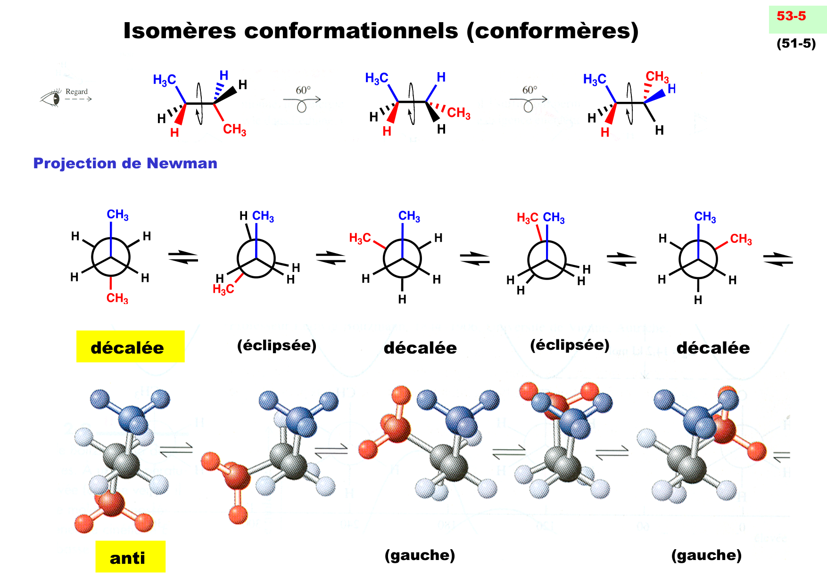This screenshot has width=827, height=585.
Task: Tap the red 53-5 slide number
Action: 791,16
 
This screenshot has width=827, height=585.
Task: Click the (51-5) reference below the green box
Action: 796,43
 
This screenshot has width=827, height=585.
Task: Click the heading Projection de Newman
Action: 125,163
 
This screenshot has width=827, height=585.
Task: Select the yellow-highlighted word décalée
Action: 127,347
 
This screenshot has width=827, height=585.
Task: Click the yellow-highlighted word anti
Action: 127,558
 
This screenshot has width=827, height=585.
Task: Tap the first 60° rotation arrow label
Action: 303,90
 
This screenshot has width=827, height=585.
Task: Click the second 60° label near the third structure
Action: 529,90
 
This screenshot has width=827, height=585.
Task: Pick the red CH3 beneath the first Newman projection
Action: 117,298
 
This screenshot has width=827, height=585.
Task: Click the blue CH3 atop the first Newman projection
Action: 117,215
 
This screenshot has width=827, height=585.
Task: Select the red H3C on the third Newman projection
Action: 360,238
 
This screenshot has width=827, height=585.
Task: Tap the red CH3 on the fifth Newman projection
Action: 741,239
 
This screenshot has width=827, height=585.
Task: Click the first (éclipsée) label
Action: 277,346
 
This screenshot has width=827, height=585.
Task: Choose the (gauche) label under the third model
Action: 420,555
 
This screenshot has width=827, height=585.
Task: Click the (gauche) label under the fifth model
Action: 706,555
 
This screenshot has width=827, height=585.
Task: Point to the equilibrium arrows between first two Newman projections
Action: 183,257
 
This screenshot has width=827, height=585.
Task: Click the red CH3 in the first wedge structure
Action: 234,129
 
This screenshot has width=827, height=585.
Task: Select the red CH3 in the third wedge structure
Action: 657,76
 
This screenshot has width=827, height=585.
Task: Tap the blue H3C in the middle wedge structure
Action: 377,78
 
